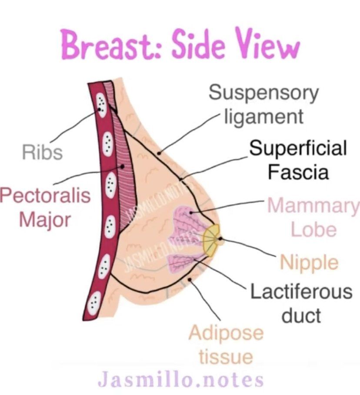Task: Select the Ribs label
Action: (42, 152)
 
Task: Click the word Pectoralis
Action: (46, 196)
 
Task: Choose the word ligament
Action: (263, 116)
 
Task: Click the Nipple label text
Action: (309, 262)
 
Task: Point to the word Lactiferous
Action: (301, 291)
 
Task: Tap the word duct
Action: (301, 315)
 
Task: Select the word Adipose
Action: (226, 333)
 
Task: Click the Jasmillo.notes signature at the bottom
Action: (180, 379)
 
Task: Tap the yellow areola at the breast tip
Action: (212, 239)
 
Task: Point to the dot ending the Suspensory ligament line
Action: (160, 153)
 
